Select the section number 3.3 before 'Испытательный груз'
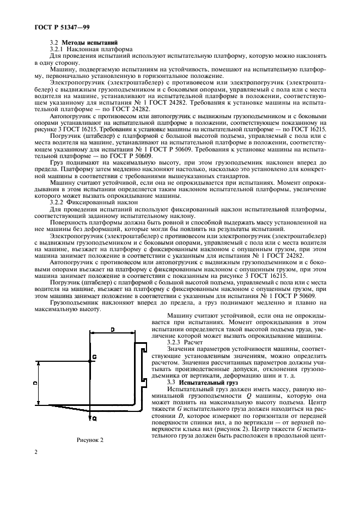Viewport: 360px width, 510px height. [175, 384]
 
